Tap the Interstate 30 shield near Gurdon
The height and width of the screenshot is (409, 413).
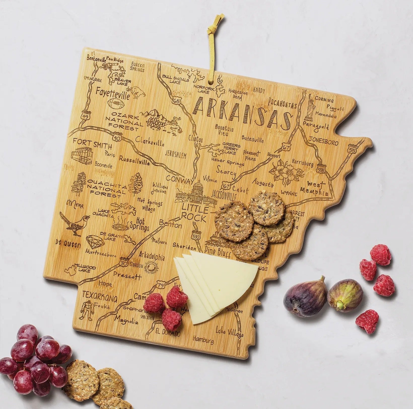pyautogui.click(x=124, y=262)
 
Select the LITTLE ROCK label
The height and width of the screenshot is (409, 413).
pyautogui.click(x=195, y=213)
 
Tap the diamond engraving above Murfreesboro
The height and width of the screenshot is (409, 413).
pyautogui.click(x=95, y=242)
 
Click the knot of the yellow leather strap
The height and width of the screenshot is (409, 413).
pyautogui.click(x=218, y=24)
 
